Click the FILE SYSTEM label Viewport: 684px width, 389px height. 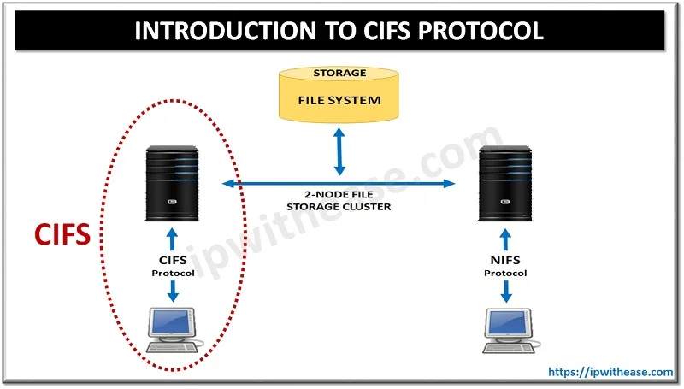(x=339, y=100)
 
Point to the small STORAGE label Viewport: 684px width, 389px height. (x=339, y=74)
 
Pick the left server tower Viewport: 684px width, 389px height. (x=174, y=180)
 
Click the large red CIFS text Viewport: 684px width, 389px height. (x=62, y=234)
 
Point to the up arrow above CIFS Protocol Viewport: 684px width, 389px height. (x=174, y=235)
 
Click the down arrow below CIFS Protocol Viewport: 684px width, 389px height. (x=174, y=290)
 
